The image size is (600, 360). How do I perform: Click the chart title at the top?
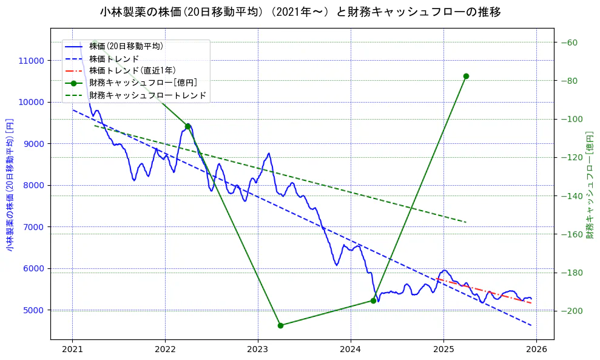[300, 12]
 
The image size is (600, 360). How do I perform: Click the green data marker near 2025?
[466, 76]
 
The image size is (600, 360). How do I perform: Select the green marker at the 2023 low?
[280, 325]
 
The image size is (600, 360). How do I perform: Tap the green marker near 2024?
[373, 301]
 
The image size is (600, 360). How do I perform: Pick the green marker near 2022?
[188, 126]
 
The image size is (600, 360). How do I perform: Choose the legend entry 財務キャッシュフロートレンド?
[147, 95]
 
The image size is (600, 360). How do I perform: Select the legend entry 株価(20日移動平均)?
[126, 46]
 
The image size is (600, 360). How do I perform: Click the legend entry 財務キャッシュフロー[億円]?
[143, 83]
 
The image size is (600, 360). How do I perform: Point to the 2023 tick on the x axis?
[258, 350]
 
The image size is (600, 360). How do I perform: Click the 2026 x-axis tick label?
[536, 350]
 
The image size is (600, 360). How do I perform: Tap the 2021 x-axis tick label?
[72, 350]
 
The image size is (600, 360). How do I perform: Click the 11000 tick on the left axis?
[31, 61]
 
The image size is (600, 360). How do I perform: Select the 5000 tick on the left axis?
[33, 310]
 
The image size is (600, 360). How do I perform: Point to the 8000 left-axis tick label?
[33, 186]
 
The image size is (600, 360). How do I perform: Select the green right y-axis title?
[590, 184]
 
